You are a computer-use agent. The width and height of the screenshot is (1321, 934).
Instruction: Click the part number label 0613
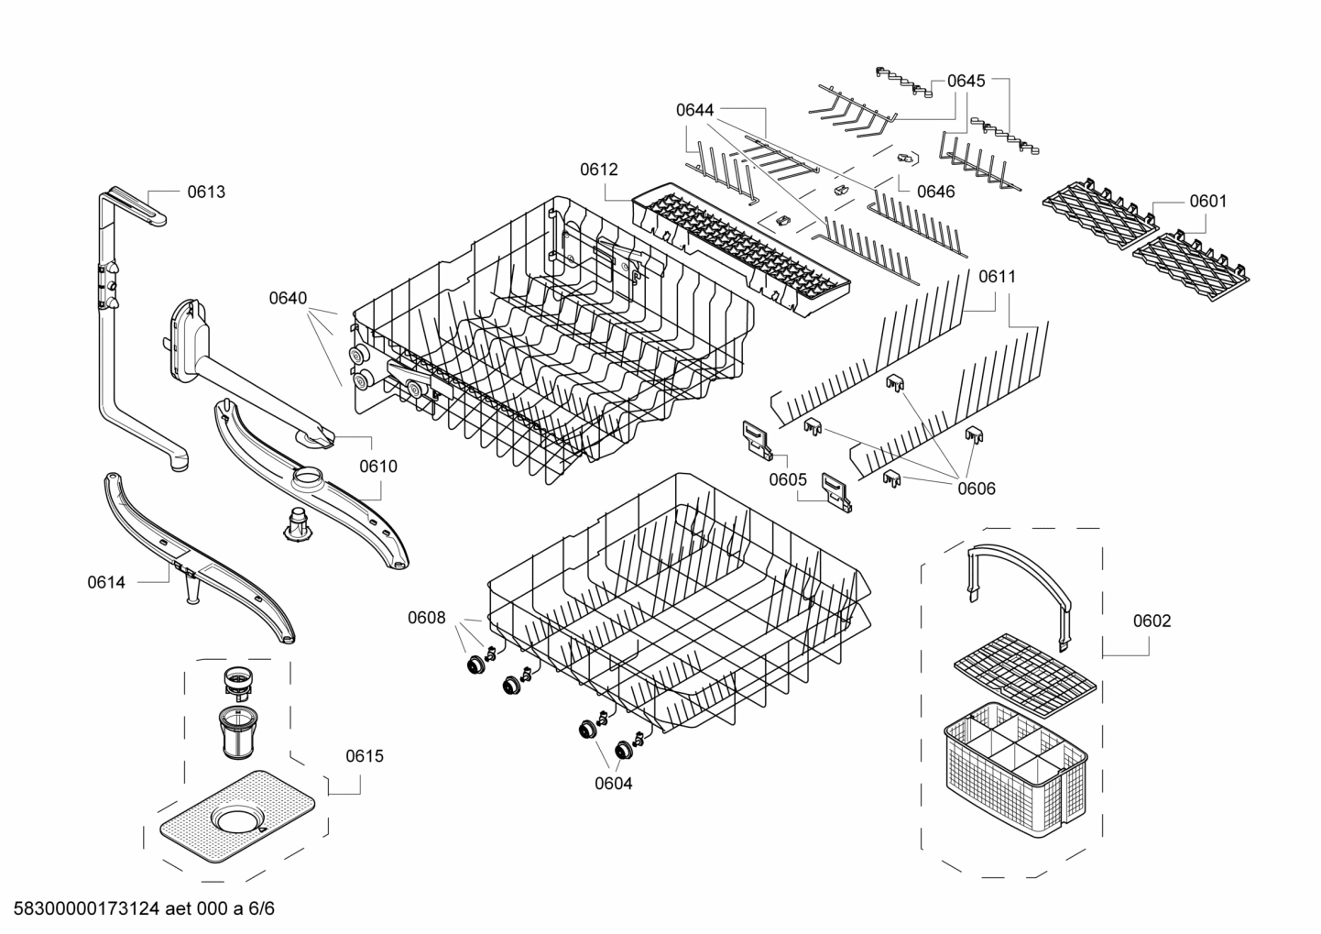(206, 192)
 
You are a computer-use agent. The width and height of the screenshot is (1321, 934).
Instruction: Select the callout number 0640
(288, 298)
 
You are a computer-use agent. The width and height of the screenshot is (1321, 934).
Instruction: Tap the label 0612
(598, 170)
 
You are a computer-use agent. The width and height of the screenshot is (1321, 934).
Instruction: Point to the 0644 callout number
(694, 110)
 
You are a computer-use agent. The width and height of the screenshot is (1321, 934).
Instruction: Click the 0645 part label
(966, 81)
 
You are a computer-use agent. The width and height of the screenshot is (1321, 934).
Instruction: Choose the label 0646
(935, 192)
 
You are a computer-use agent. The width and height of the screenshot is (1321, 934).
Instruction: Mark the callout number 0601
(1207, 201)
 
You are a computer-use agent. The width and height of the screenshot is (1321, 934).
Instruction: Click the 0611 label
(997, 276)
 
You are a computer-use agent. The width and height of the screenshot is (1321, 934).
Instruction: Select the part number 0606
(977, 489)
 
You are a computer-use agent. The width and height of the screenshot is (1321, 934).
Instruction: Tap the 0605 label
(788, 479)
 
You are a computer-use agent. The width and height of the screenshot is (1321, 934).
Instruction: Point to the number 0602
(1152, 621)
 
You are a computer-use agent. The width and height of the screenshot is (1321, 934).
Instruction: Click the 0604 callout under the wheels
(613, 783)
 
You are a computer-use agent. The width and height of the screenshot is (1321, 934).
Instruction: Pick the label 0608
(427, 618)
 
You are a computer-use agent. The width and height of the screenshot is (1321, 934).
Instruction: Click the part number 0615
(365, 756)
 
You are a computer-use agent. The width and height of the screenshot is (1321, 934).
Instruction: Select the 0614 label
(106, 582)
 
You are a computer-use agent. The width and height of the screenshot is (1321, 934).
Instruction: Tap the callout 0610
(377, 466)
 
